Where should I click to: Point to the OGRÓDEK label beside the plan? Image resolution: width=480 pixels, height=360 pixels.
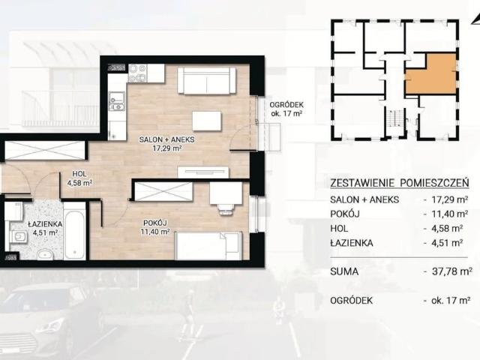[x=287, y=106]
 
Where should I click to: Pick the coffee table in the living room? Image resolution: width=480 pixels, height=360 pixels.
[x=207, y=121]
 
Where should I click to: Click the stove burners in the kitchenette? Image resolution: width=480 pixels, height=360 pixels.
[x=137, y=73]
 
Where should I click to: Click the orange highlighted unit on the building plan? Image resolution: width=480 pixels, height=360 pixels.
[x=430, y=73]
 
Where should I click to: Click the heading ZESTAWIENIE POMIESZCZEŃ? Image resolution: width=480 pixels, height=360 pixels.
[x=400, y=182]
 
